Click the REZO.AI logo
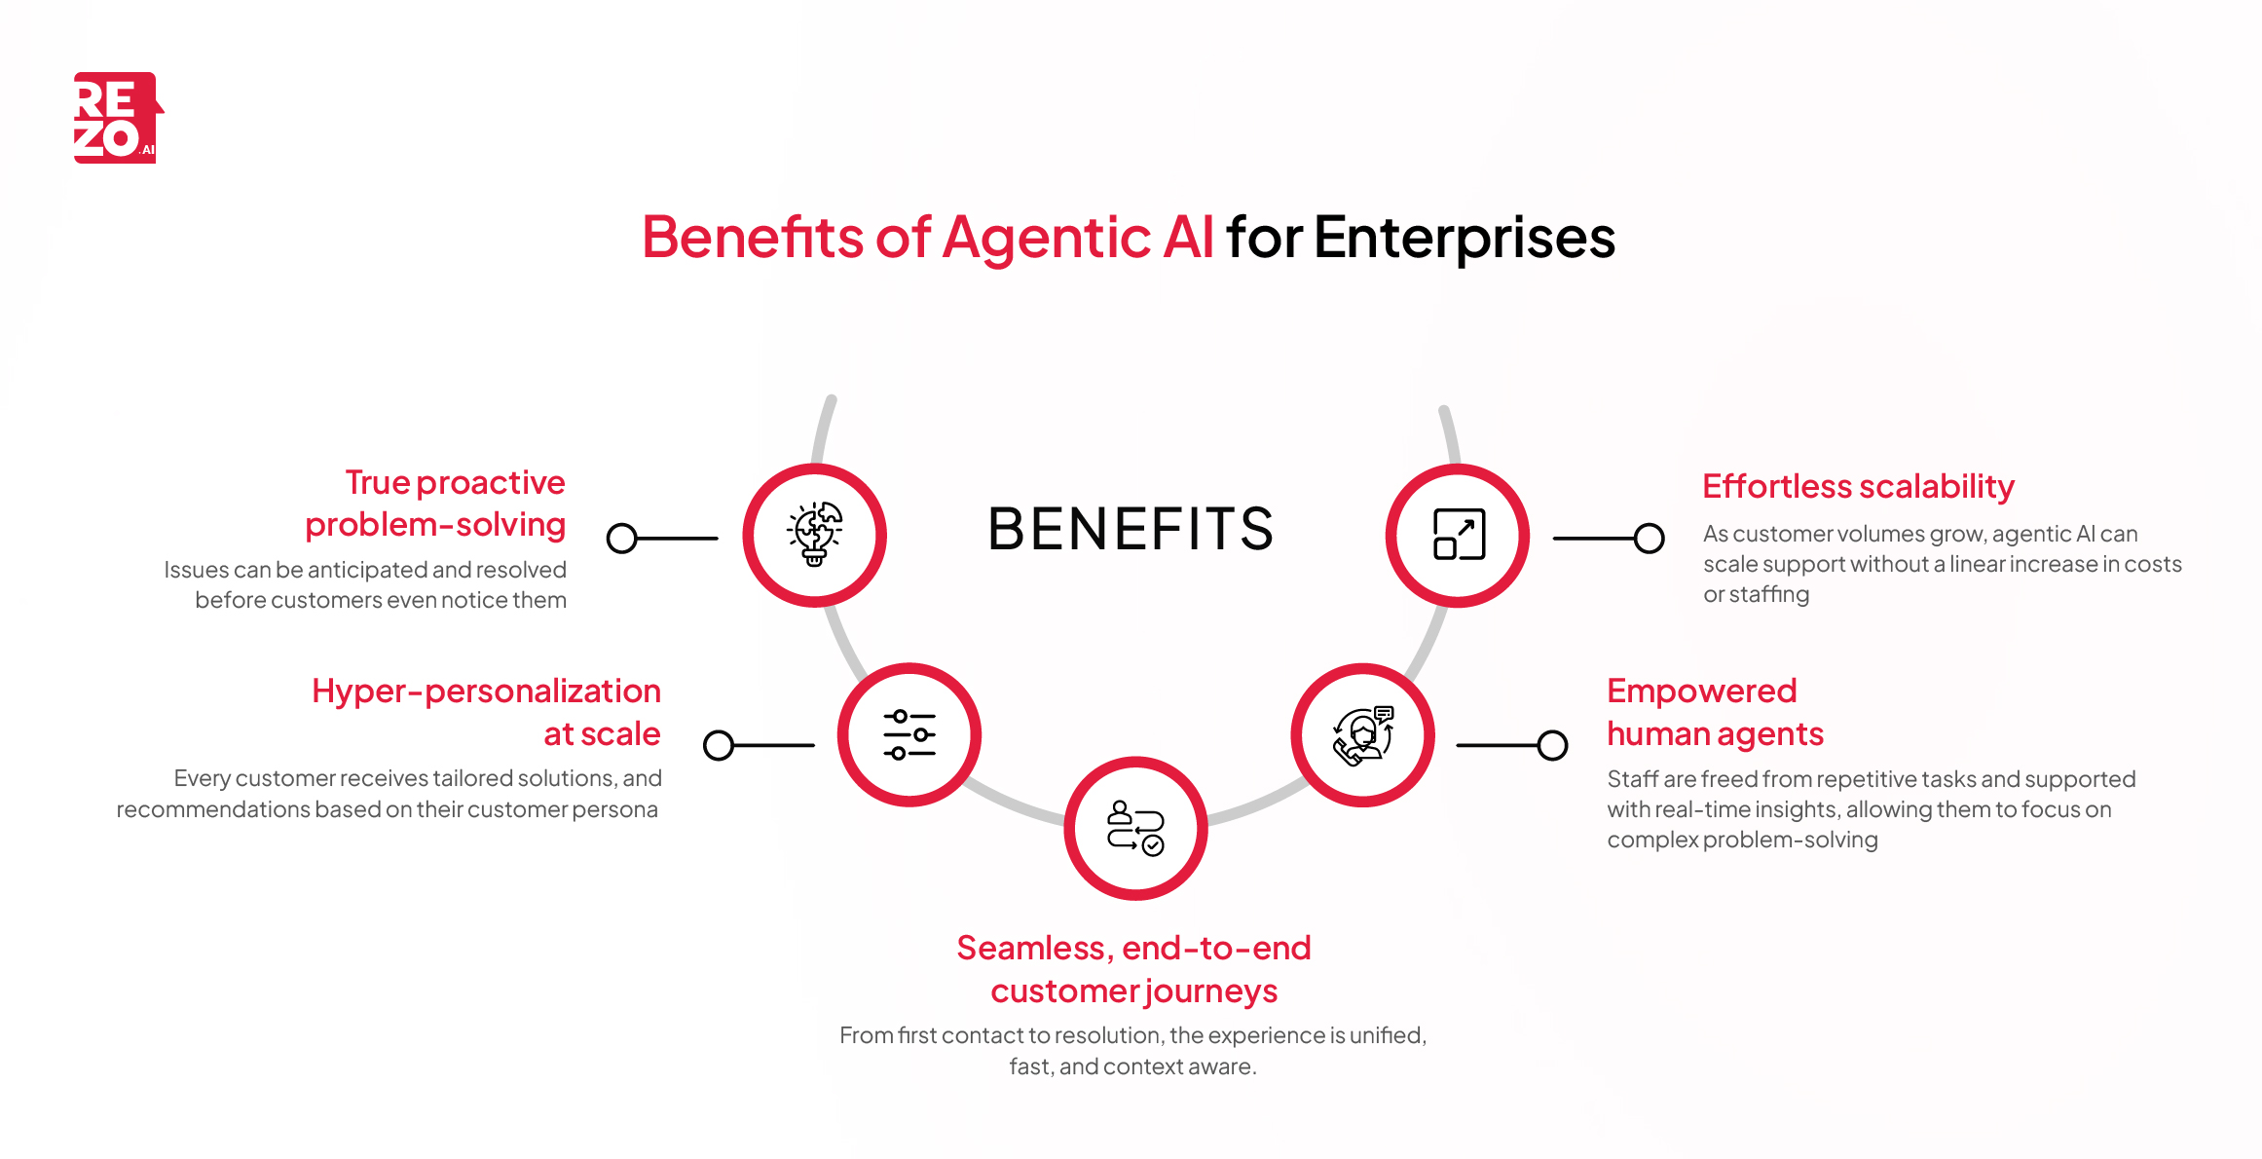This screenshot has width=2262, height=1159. (116, 118)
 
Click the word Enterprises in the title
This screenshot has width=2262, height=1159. (1465, 238)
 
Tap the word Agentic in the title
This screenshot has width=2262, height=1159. (1047, 238)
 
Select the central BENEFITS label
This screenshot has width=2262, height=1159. (1131, 529)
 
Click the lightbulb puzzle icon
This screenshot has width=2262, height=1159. (815, 535)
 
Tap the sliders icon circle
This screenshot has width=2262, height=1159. (909, 734)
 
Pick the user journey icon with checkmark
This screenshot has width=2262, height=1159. (1135, 828)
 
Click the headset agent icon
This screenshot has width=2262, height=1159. (1363, 735)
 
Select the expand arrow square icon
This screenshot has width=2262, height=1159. (1458, 535)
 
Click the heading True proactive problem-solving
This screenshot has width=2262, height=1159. (436, 504)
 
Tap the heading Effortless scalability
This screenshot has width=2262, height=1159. (1858, 486)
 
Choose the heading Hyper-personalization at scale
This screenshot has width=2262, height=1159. (487, 712)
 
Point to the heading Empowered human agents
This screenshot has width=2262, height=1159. (1714, 712)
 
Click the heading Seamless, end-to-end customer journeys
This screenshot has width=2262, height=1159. (1133, 969)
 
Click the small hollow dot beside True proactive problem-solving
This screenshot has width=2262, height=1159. (621, 538)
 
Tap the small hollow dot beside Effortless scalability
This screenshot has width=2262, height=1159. (1649, 538)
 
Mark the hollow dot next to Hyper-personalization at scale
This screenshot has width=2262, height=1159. (719, 745)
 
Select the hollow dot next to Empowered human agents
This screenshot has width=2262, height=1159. (1552, 745)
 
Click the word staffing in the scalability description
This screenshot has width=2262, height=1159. (1768, 594)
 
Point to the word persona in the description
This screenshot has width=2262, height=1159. (615, 809)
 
